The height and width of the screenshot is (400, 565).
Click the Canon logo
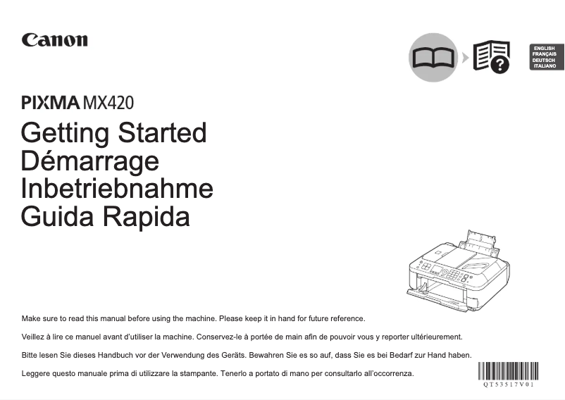[55, 39]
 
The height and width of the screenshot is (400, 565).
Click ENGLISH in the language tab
[545, 48]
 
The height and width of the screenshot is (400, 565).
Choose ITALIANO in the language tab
[545, 65]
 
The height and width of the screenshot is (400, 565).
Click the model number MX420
[108, 103]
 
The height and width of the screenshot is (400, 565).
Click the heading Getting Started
[114, 132]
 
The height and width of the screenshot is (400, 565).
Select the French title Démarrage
[90, 161]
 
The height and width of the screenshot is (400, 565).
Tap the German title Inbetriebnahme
[117, 189]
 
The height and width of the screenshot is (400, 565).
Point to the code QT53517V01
[507, 385]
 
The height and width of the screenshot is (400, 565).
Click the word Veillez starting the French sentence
[35, 337]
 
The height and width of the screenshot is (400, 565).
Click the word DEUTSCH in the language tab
[545, 60]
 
